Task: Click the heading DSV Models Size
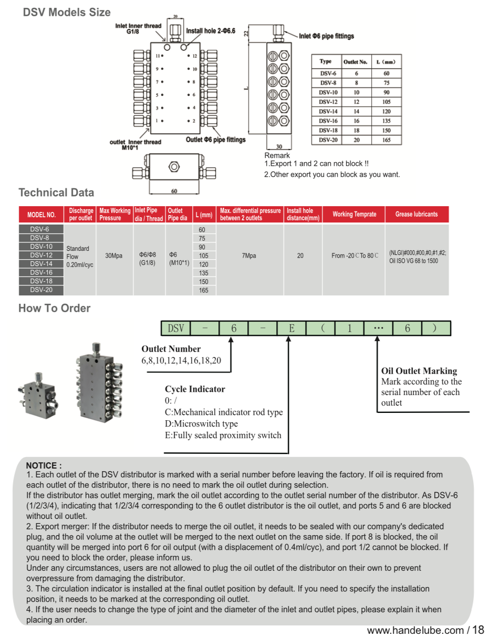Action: [67, 12]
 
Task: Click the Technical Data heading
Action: [56, 193]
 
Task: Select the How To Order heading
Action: [55, 309]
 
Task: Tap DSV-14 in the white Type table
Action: [328, 111]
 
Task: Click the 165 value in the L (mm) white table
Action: [386, 140]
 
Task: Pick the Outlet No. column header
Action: [356, 62]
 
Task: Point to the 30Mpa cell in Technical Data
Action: [113, 256]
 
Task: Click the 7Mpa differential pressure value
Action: [249, 256]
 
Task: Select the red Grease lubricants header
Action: [416, 214]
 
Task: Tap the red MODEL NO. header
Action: [41, 215]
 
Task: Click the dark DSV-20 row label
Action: [41, 290]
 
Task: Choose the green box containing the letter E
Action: [291, 328]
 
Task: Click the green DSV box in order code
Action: [176, 328]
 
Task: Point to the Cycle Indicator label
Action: [195, 389]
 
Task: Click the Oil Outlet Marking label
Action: [419, 371]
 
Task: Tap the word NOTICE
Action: [44, 465]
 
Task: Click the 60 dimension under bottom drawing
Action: [174, 191]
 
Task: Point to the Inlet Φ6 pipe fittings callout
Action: [327, 36]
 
